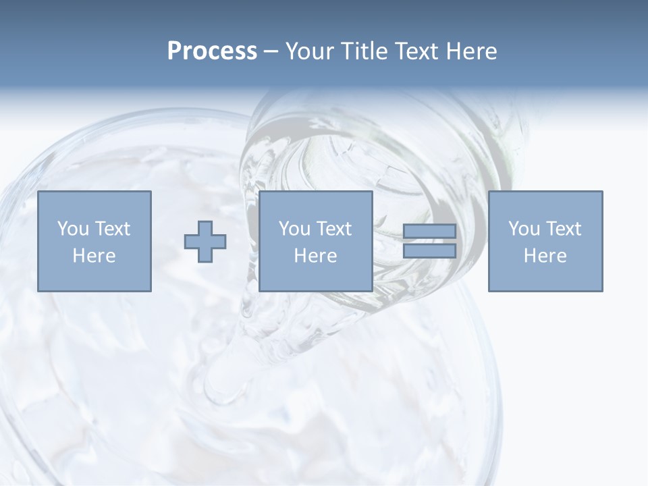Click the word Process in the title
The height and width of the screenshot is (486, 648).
click(x=212, y=51)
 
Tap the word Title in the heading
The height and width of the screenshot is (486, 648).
click(x=362, y=51)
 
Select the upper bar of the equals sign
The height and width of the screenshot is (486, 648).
click(x=429, y=232)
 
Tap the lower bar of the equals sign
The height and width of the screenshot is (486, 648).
click(x=429, y=251)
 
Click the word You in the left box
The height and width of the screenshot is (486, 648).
click(x=73, y=229)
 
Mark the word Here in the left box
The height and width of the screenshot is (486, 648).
click(x=94, y=256)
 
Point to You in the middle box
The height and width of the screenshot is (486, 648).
click(x=294, y=229)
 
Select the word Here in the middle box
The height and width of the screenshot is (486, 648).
click(x=315, y=256)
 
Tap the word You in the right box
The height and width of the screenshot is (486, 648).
click(x=524, y=229)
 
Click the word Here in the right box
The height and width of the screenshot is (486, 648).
click(x=545, y=256)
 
